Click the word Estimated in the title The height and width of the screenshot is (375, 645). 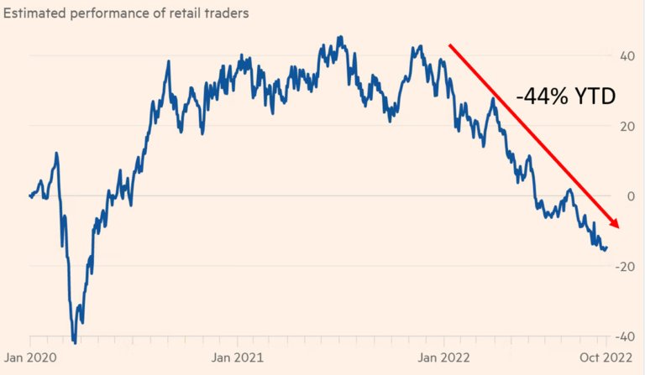point(34,13)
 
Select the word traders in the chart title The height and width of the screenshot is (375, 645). point(225,13)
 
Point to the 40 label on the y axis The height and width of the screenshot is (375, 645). point(627,56)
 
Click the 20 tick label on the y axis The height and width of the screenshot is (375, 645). point(627,126)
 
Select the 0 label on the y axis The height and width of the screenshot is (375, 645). point(631,196)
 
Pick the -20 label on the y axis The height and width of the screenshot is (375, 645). point(625,267)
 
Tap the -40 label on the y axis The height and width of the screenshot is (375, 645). point(625,336)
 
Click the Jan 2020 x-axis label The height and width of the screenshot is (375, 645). point(30,357)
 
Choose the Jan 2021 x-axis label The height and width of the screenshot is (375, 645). point(238,357)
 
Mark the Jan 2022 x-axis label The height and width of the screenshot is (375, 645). point(443,357)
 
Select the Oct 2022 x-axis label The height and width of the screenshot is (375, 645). point(606,357)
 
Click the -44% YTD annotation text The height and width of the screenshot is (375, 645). point(566,96)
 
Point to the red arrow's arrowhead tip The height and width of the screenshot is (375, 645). point(618,227)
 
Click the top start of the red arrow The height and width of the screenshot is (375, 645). point(449,44)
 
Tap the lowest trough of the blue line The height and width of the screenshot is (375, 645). point(75,342)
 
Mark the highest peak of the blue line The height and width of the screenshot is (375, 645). point(340,37)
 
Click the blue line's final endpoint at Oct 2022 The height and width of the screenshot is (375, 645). point(607,247)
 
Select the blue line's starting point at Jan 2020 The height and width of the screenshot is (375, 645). point(30,195)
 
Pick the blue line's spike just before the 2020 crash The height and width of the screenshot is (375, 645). point(56,154)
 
